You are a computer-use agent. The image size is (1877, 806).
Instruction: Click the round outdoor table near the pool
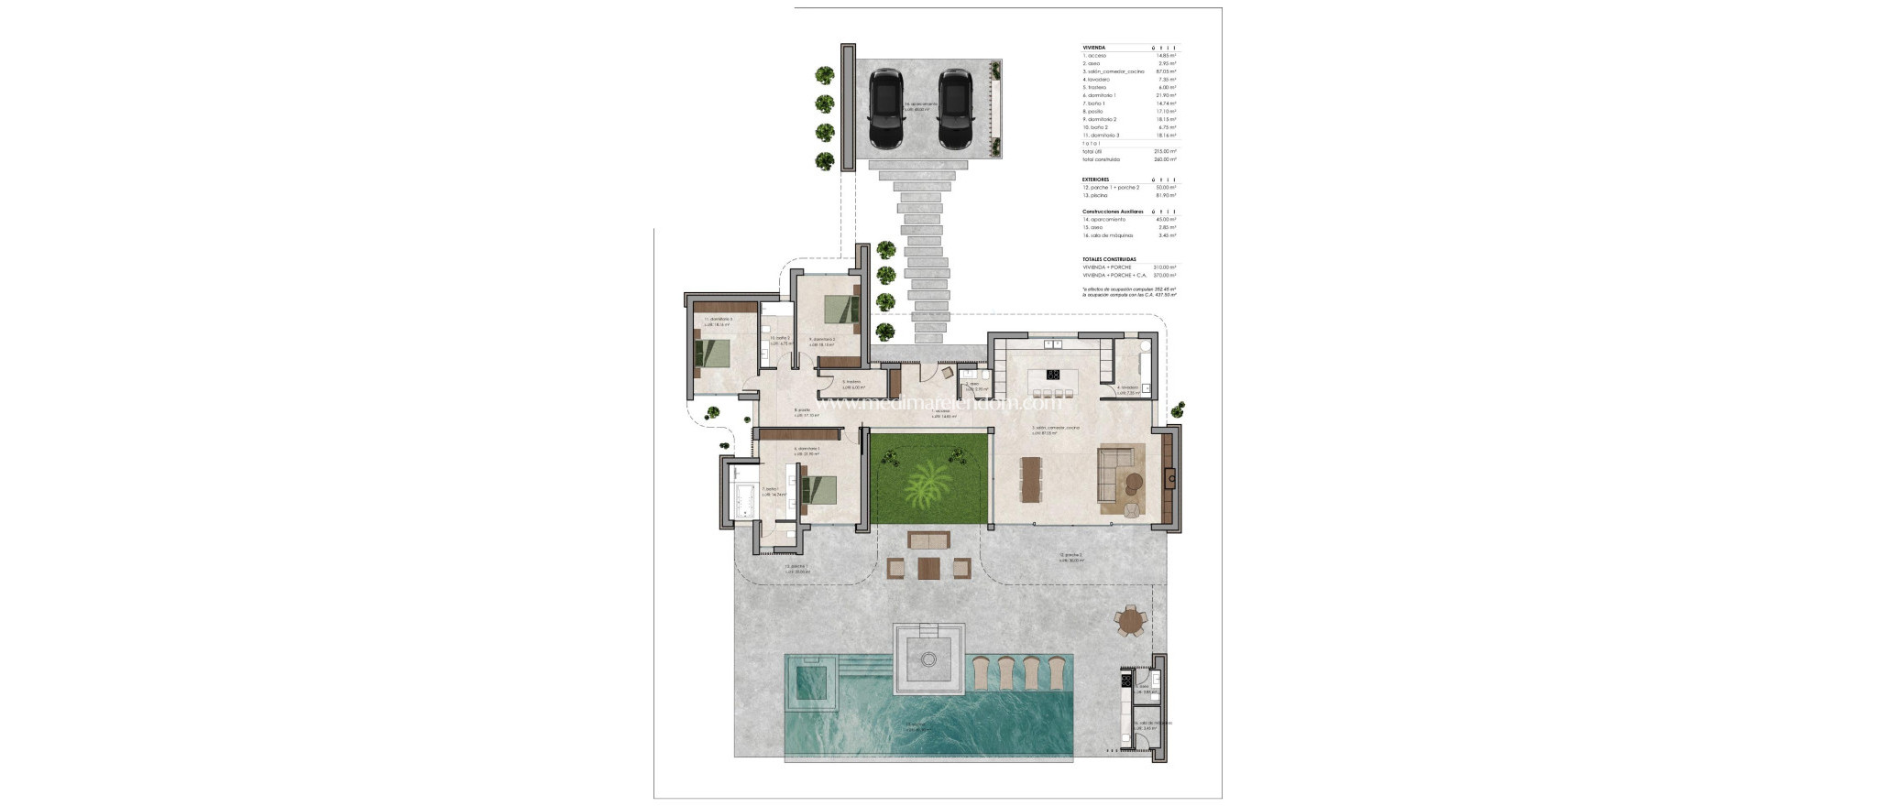(1133, 622)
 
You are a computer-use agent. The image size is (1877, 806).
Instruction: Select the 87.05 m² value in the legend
(1166, 71)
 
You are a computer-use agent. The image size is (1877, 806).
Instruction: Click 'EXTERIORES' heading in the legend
(1095, 180)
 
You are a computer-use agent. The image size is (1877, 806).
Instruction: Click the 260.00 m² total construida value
(1166, 159)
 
